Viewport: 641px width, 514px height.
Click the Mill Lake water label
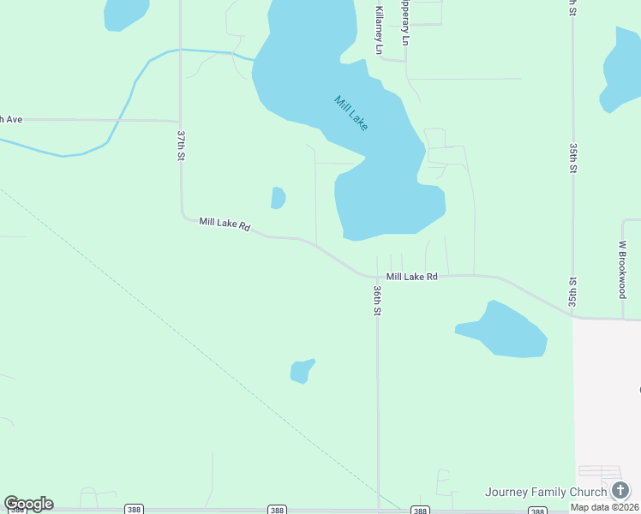click(351, 113)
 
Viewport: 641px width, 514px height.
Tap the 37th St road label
click(181, 149)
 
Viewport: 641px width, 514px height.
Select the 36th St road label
click(376, 301)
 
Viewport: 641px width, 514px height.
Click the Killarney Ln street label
click(378, 31)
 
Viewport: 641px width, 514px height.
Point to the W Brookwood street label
click(623, 268)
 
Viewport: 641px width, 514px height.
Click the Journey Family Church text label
click(546, 492)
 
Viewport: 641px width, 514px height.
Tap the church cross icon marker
click(620, 490)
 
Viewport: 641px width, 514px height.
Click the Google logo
click(28, 504)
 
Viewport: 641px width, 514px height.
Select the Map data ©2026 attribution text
click(605, 507)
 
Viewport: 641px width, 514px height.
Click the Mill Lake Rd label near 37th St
click(225, 224)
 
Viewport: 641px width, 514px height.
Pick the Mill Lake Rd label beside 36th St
click(411, 277)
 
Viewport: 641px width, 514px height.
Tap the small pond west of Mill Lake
click(278, 198)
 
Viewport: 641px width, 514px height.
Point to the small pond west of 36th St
click(301, 371)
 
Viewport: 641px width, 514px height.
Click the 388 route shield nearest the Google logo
click(134, 509)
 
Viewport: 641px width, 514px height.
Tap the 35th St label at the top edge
click(572, 9)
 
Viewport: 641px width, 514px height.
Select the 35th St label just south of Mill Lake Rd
click(572, 292)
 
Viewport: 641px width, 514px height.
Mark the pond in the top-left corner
click(125, 13)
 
